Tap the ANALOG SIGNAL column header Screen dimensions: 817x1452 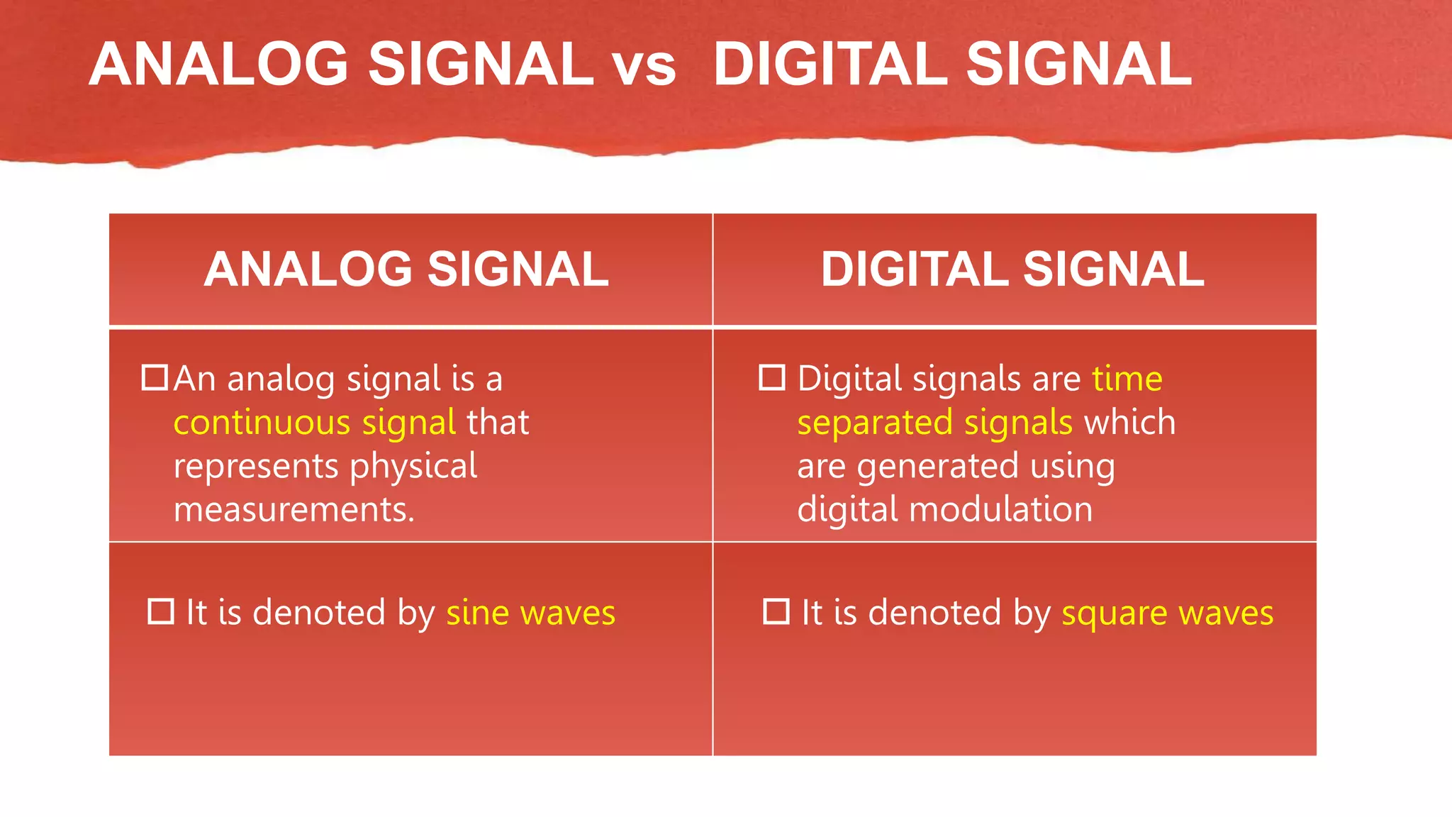pyautogui.click(x=406, y=269)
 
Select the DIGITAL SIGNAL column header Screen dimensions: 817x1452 pyautogui.click(x=1012, y=269)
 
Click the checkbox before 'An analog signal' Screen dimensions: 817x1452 pyautogui.click(x=155, y=377)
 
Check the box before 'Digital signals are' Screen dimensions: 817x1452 pyautogui.click(x=772, y=377)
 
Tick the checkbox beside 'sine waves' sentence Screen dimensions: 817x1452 pyautogui.click(x=161, y=611)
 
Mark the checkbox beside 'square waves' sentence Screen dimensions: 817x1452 pyautogui.click(x=776, y=611)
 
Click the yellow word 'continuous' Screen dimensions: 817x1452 pyautogui.click(x=262, y=423)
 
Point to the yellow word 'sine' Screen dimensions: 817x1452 pyautogui.click(x=477, y=613)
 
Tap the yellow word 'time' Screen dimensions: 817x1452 pyautogui.click(x=1127, y=379)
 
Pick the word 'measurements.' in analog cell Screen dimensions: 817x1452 pyautogui.click(x=294, y=510)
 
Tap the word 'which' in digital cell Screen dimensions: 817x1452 pyautogui.click(x=1129, y=423)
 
